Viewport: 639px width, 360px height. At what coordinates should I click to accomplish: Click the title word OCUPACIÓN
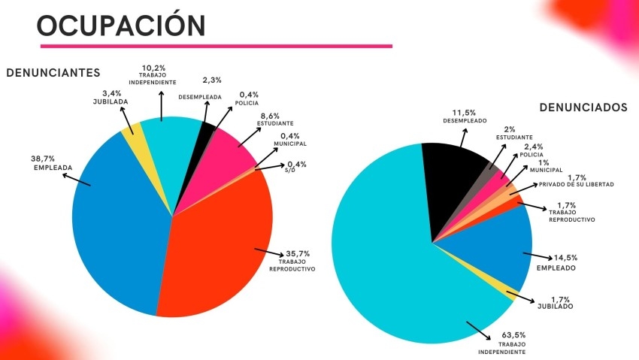tap(120, 25)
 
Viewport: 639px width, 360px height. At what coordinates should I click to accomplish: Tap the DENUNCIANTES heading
tap(53, 73)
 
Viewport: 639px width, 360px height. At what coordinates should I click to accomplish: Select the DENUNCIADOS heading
tap(583, 108)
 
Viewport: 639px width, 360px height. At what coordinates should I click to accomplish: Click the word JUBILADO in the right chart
tap(556, 306)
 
